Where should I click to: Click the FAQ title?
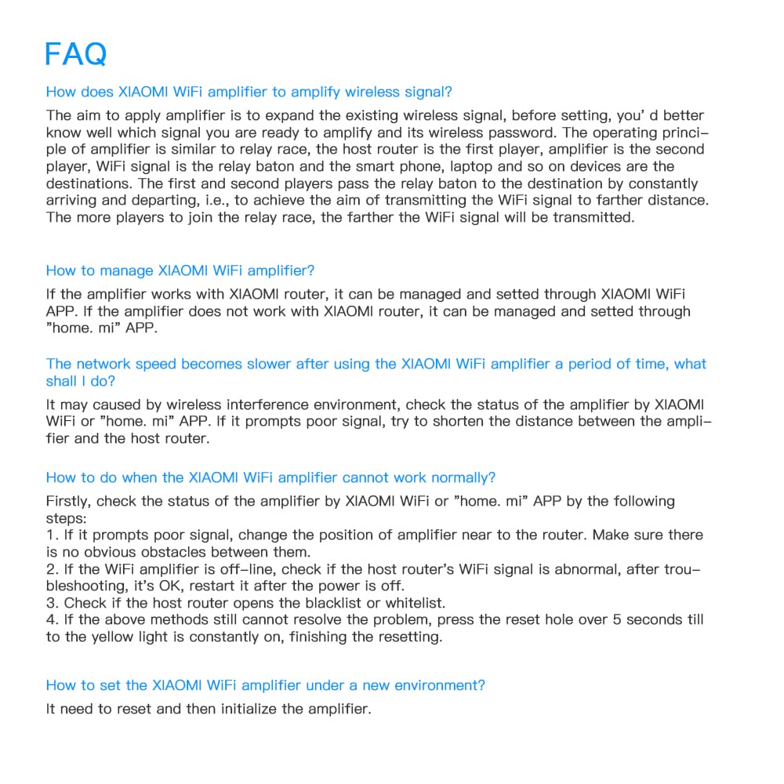click(x=75, y=54)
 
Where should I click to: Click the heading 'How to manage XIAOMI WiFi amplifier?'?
click(x=180, y=270)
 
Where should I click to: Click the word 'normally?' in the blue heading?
click(x=466, y=477)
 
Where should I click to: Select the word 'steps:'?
click(x=67, y=518)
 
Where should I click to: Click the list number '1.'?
click(x=52, y=535)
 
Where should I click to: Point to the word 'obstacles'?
click(x=155, y=552)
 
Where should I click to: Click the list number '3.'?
click(x=53, y=603)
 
